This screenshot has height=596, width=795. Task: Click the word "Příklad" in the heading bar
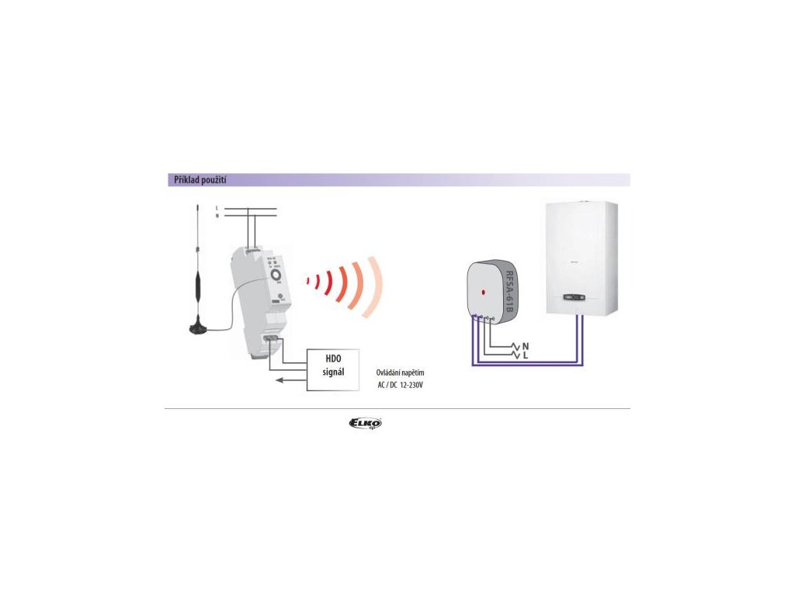coord(183,180)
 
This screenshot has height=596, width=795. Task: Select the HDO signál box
coord(334,369)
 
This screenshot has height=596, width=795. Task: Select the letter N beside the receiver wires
coord(526,345)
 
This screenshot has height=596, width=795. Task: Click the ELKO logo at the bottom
coord(366,423)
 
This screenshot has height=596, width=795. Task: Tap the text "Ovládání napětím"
coord(400,372)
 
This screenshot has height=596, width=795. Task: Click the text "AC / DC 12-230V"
coord(400,385)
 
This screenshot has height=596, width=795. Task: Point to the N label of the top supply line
coord(217,215)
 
